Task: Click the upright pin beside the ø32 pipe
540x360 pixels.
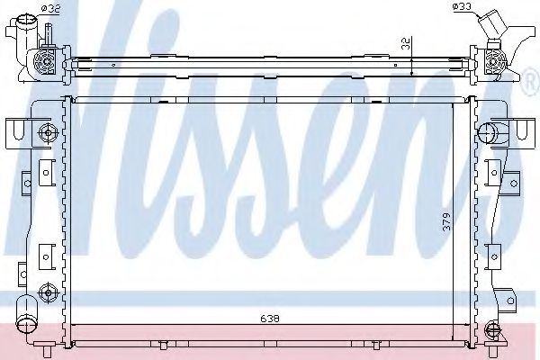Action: click(x=45, y=33)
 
